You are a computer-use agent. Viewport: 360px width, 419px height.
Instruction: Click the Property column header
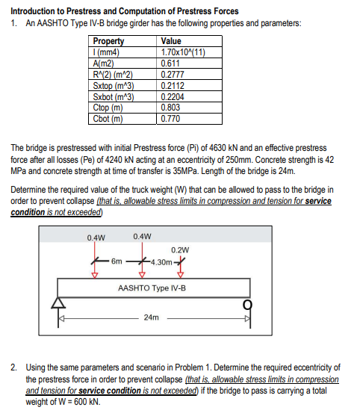pos(109,42)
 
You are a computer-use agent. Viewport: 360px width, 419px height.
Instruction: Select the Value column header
pos(171,42)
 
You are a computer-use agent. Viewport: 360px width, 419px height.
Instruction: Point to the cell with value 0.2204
pos(173,96)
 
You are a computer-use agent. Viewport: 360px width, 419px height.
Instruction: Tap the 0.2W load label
pos(180,249)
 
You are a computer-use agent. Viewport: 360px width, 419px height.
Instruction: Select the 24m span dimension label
pos(151,317)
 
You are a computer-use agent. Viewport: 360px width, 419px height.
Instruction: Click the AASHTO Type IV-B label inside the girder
pos(152,288)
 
